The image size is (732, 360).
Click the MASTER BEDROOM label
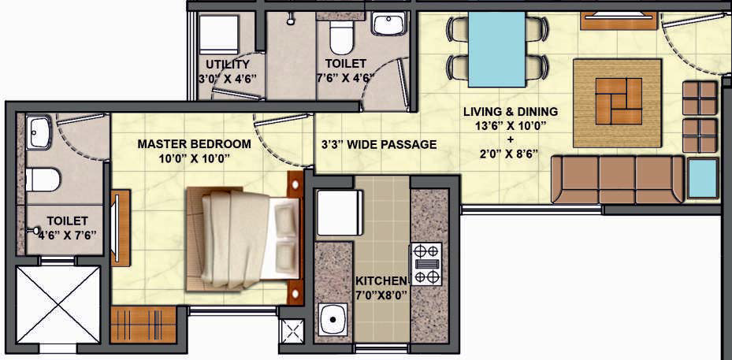[x=194, y=144]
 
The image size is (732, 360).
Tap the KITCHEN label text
[x=381, y=281]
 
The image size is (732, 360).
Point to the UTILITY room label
[x=228, y=65]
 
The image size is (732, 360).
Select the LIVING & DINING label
[x=511, y=112]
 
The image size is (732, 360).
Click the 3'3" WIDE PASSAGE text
[x=379, y=145]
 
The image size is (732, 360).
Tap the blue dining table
[x=496, y=49]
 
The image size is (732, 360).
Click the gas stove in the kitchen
[x=426, y=264]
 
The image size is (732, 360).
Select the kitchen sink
[x=333, y=319]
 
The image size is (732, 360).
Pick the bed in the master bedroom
[x=243, y=238]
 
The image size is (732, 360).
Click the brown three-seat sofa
[x=618, y=180]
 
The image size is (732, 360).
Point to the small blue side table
[x=703, y=178]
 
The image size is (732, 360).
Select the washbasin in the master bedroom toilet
[x=38, y=132]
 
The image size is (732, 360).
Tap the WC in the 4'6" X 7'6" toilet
[x=43, y=180]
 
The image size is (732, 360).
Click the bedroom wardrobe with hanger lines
[x=143, y=325]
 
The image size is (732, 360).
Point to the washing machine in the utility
[x=219, y=34]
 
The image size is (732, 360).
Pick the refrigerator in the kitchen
[x=340, y=213]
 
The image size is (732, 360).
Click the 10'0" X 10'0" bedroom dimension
[x=194, y=159]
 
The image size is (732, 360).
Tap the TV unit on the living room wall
[x=619, y=20]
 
